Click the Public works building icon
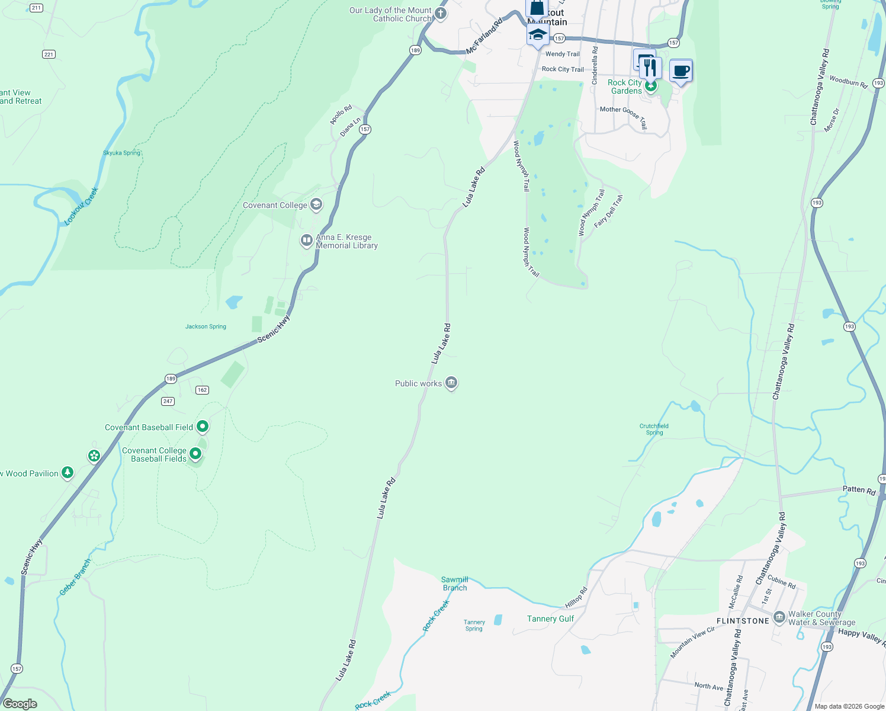tap(451, 383)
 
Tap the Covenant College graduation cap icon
tap(316, 205)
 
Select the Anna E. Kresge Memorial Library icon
tap(306, 241)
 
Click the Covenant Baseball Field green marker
tap(203, 427)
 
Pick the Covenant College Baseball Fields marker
tap(195, 454)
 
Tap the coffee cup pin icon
tap(680, 71)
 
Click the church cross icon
tap(440, 14)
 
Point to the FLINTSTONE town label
tap(743, 621)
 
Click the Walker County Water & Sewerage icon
tap(779, 617)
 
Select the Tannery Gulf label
tap(550, 619)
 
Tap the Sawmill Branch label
tap(455, 584)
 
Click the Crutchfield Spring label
tap(654, 429)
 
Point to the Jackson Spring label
tap(206, 326)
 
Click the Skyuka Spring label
tap(121, 153)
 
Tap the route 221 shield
tap(49, 55)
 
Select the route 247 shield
tap(168, 401)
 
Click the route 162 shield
tap(202, 390)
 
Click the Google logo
tap(20, 704)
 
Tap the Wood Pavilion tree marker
tap(68, 473)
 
